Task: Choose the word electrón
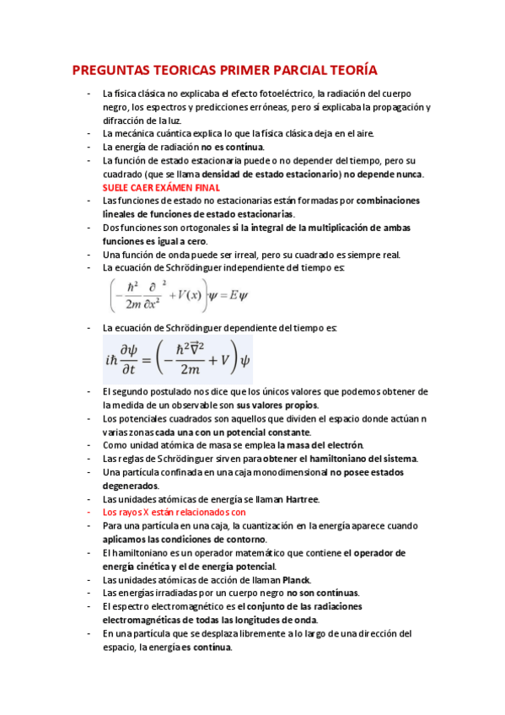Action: [343, 445]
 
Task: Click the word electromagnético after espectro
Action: [180, 606]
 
